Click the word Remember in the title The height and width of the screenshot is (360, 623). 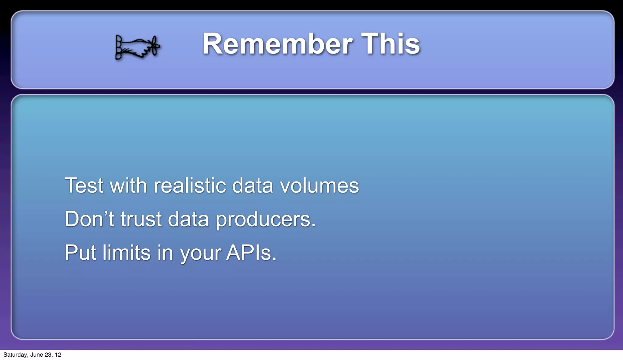click(x=277, y=44)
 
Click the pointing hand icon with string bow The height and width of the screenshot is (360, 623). click(x=137, y=47)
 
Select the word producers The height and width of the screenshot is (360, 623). click(x=266, y=220)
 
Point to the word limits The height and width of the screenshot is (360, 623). click(x=127, y=253)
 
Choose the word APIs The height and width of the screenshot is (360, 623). click(x=251, y=253)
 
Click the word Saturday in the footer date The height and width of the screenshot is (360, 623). click(x=15, y=355)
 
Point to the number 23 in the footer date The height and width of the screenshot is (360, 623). click(x=48, y=355)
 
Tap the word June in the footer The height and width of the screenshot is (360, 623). click(x=37, y=355)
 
